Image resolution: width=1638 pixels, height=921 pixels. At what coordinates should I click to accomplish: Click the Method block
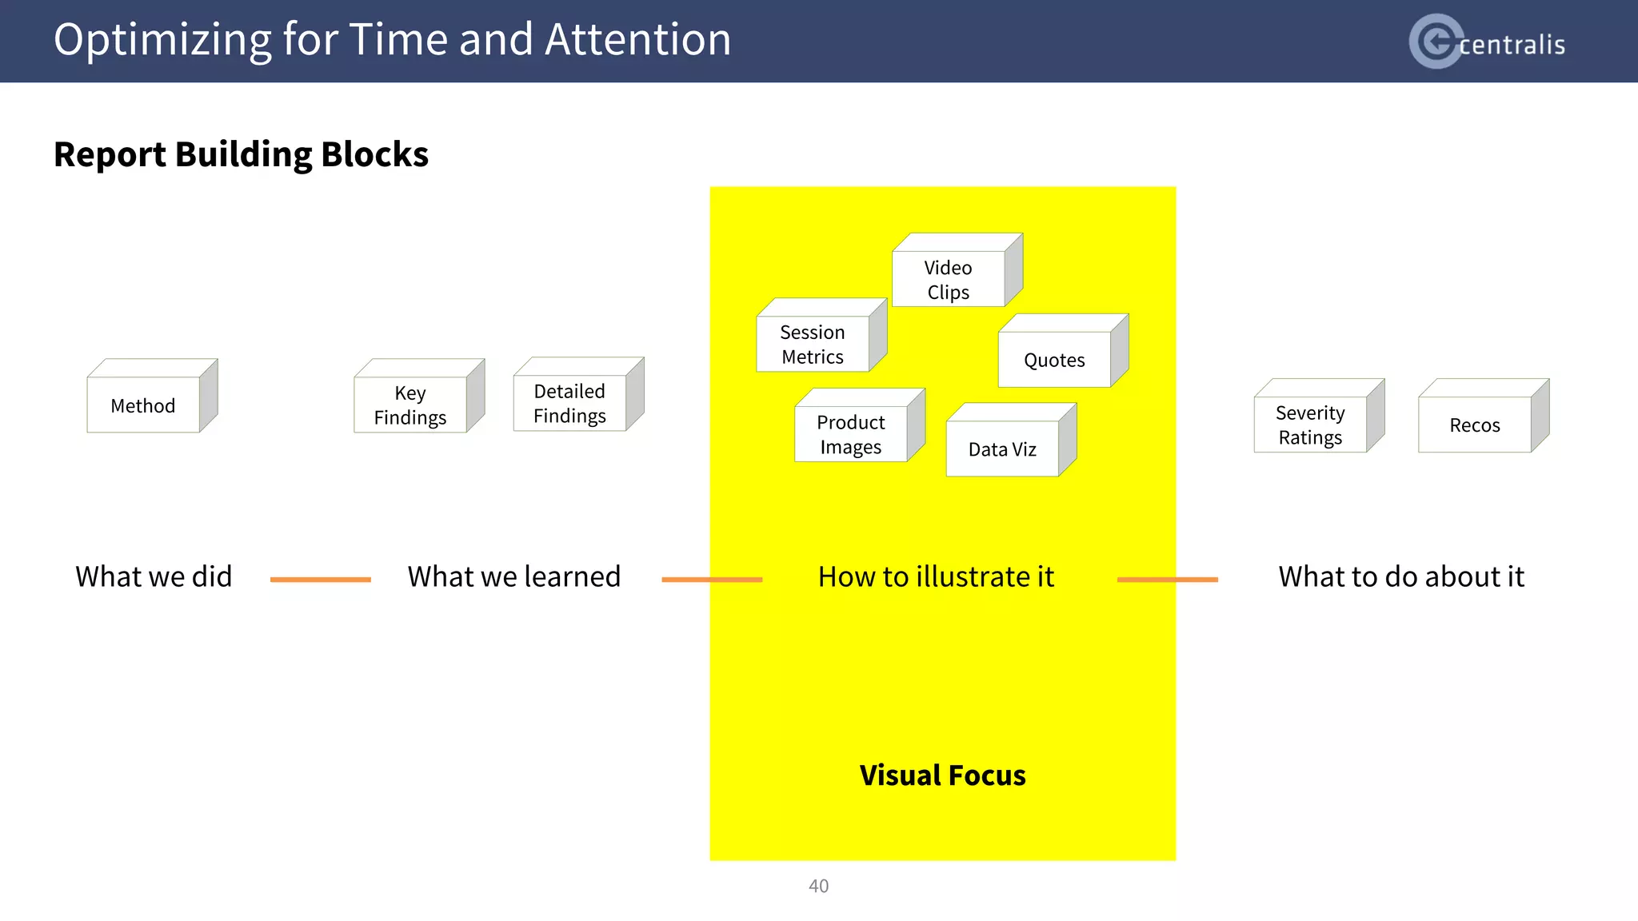144,405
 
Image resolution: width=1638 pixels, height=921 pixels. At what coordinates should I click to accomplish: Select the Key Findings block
410,405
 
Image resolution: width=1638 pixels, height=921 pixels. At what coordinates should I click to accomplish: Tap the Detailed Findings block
569,403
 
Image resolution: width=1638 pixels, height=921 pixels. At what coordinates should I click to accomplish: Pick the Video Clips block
949,279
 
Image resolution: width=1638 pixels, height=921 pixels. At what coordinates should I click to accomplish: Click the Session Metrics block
813,344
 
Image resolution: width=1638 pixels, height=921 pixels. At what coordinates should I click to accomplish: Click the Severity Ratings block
1310,425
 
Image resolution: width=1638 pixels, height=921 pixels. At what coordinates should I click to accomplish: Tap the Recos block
1475,425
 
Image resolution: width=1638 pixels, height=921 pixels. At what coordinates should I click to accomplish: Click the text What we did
154,576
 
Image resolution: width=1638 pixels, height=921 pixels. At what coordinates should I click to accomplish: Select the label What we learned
513,576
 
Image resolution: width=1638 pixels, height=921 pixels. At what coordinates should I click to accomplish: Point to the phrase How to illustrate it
936,576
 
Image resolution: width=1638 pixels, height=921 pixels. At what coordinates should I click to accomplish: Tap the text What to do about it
1401,576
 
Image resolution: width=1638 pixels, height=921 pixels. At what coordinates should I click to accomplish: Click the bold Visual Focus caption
942,775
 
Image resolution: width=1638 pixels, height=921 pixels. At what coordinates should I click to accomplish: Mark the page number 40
818,886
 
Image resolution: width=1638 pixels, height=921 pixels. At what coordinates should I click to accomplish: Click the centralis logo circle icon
1436,41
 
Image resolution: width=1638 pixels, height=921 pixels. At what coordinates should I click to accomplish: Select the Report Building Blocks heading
241,153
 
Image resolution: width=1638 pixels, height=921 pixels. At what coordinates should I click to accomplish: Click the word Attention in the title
637,39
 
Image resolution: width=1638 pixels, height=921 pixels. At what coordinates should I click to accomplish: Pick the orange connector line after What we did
320,580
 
